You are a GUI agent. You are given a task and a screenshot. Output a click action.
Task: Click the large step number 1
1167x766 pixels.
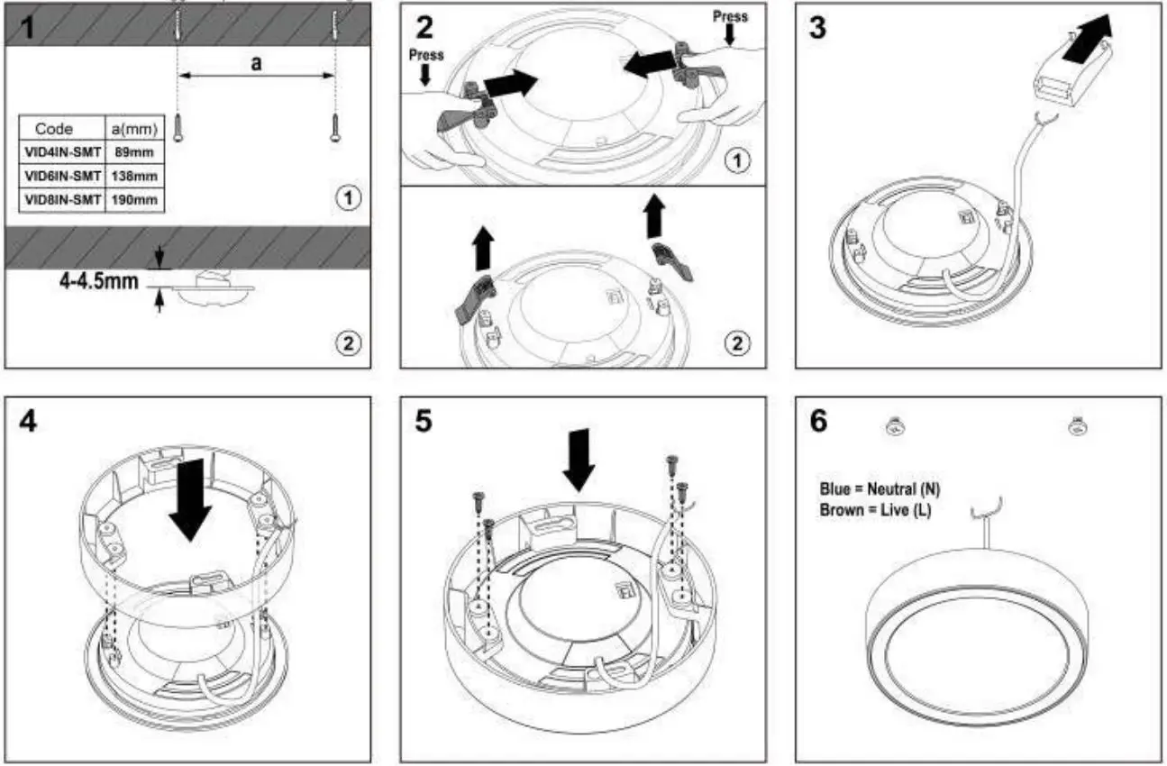click(x=28, y=27)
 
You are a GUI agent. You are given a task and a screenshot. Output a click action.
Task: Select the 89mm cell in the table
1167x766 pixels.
click(x=135, y=153)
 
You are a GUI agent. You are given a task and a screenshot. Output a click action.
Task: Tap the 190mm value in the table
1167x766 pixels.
click(x=135, y=199)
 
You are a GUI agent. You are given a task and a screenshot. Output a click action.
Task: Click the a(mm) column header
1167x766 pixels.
click(x=135, y=129)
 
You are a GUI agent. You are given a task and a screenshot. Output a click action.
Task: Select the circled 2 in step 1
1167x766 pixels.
click(x=348, y=342)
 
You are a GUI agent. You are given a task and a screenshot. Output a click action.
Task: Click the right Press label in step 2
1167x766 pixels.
click(x=730, y=16)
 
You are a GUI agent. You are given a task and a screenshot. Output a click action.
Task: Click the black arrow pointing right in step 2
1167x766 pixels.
click(x=510, y=84)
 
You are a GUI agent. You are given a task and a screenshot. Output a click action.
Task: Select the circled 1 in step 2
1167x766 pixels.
click(x=737, y=161)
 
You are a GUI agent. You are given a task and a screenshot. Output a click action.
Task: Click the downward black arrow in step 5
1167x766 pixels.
click(x=579, y=463)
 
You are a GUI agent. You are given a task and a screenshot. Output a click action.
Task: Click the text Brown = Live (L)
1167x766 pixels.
click(x=876, y=510)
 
